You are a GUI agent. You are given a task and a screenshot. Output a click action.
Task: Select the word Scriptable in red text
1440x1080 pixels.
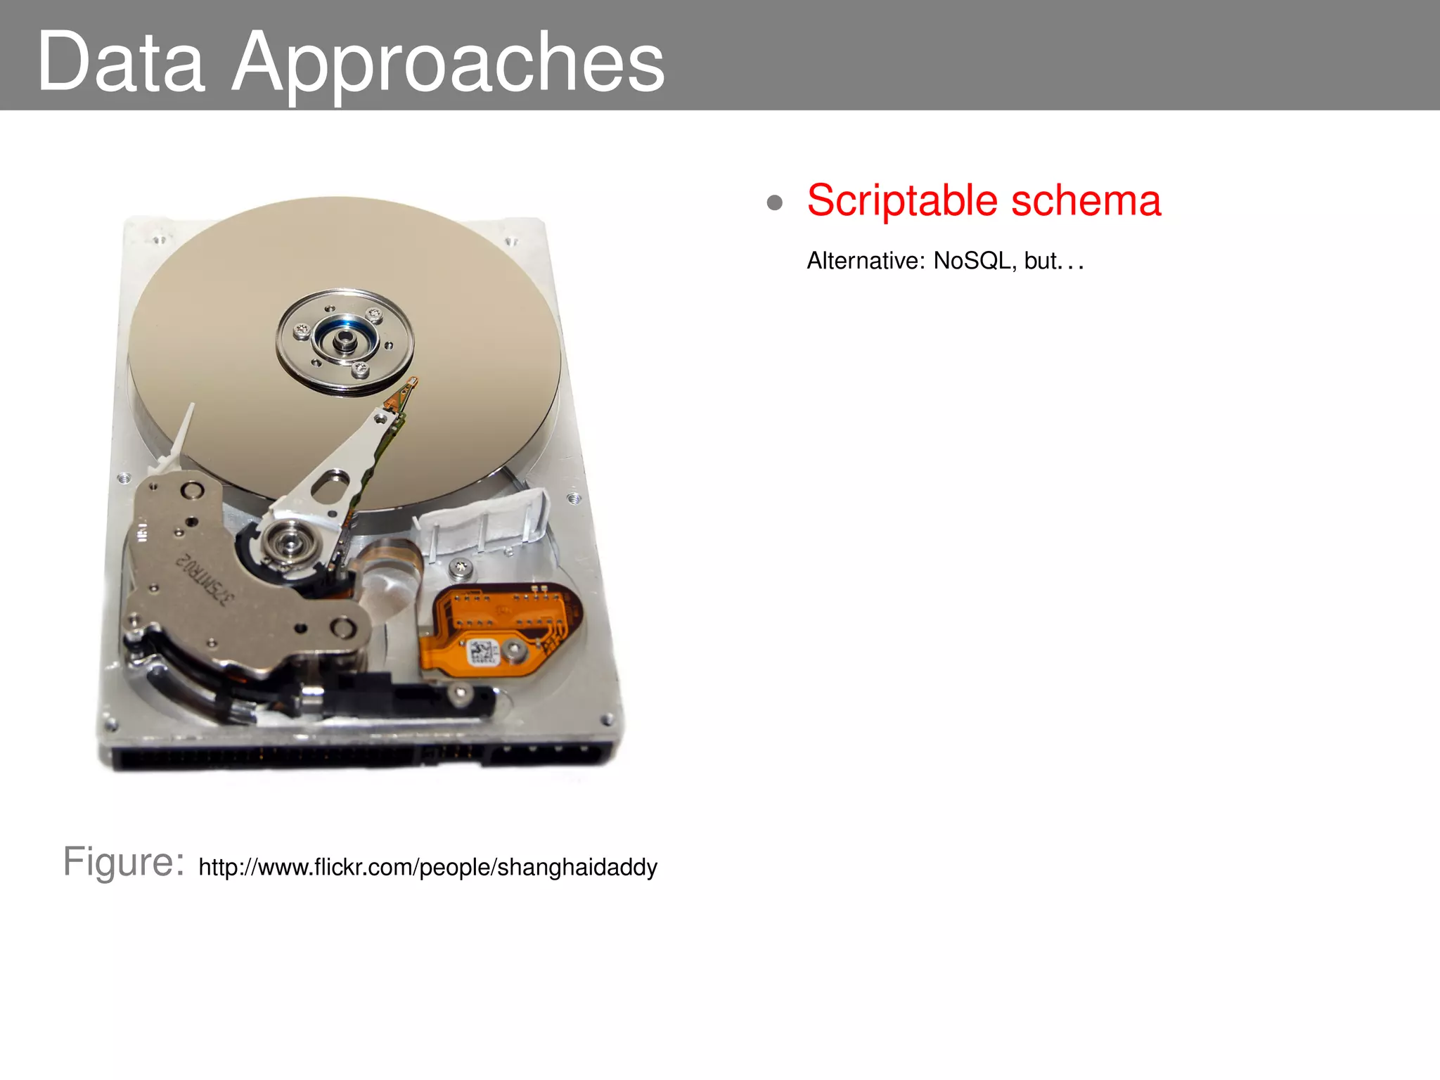902,201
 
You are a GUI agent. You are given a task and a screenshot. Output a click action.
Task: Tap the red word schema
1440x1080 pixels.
1086,201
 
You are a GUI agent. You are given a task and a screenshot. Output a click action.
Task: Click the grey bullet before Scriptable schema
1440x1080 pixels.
775,203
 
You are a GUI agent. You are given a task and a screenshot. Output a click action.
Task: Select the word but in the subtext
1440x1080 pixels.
1041,261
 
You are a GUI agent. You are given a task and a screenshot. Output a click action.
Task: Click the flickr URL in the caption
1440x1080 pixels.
427,867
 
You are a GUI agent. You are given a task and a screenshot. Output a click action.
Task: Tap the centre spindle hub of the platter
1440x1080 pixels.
344,341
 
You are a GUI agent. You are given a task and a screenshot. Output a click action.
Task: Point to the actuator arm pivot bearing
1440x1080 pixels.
287,541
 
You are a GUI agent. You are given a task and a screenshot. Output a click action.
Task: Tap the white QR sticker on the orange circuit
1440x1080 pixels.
482,652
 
